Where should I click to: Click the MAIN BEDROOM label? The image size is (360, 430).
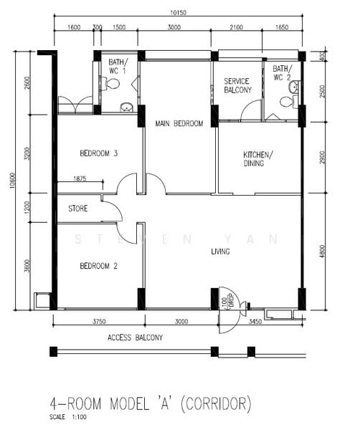click(179, 123)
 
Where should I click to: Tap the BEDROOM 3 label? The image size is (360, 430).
click(99, 153)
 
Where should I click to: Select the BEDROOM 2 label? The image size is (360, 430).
click(99, 265)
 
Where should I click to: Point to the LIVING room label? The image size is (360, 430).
click(220, 252)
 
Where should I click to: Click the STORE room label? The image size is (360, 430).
click(77, 209)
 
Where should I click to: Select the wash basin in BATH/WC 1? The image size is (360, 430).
click(126, 107)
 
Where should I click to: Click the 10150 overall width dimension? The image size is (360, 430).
click(179, 12)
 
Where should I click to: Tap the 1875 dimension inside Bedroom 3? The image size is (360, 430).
click(78, 179)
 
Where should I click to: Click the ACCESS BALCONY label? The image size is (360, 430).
click(135, 337)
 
